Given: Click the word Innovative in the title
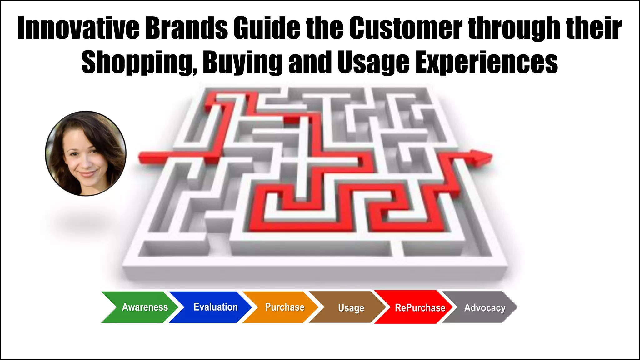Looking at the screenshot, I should tap(78, 28).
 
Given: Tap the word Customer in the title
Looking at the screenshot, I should tap(406, 28).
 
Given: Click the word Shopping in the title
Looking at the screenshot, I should tap(139, 62).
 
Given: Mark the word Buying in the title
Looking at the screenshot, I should tap(242, 62).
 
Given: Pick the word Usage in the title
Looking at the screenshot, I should tap(373, 62).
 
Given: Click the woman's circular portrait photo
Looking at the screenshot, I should tap(86, 153).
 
